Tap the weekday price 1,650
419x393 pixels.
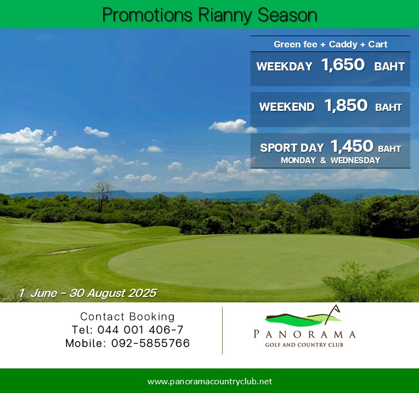coord(343,65)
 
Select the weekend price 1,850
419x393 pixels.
coord(346,105)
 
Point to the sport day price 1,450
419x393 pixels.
coord(352,146)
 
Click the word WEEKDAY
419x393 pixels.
coord(284,67)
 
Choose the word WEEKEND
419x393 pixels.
coord(287,107)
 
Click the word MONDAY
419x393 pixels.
coord(298,160)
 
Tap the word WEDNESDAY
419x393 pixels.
coord(355,160)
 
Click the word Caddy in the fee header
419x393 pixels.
coord(343,44)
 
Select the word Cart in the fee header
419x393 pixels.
coord(378,44)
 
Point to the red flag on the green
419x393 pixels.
coord(234,223)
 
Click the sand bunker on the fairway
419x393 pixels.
coord(68,251)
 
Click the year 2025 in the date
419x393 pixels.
coord(142,293)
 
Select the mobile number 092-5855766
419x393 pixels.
coord(151,343)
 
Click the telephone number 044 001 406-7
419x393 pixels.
coord(140,330)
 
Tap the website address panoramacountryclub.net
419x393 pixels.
coord(209,381)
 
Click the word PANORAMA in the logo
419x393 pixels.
coord(304,335)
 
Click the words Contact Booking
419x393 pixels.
coord(128,317)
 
